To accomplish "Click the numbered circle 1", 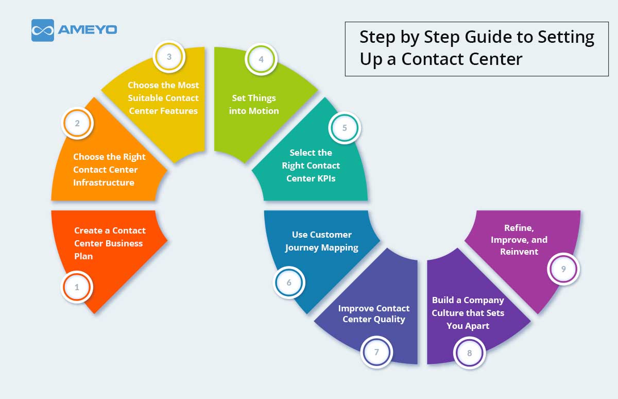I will [x=77, y=287].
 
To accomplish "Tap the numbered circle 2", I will [x=77, y=124].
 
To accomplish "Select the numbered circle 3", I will [x=169, y=57].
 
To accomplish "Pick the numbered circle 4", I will [x=262, y=59].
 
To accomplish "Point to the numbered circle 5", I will [x=345, y=128].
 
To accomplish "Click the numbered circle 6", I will [x=289, y=282].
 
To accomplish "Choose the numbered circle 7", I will [x=377, y=352].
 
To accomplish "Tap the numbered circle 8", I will [x=469, y=353].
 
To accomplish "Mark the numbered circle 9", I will [x=563, y=269].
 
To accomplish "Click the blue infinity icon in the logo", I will [x=43, y=30].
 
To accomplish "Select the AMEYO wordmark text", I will [x=88, y=30].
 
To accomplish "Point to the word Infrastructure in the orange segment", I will [x=104, y=182].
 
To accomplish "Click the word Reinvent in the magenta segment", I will [x=519, y=252].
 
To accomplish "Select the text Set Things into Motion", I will [x=254, y=104].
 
